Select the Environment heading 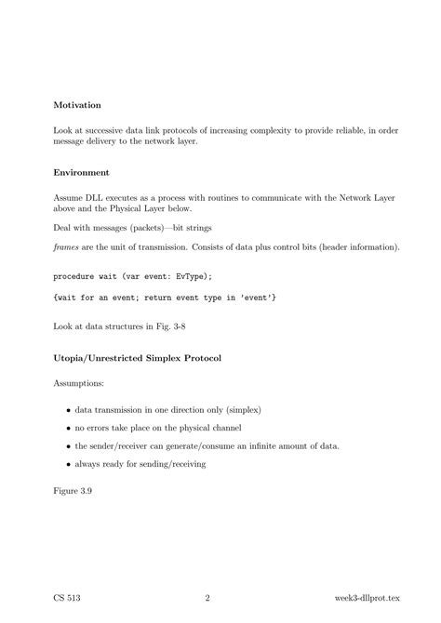(82, 172)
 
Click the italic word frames (67, 246)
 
